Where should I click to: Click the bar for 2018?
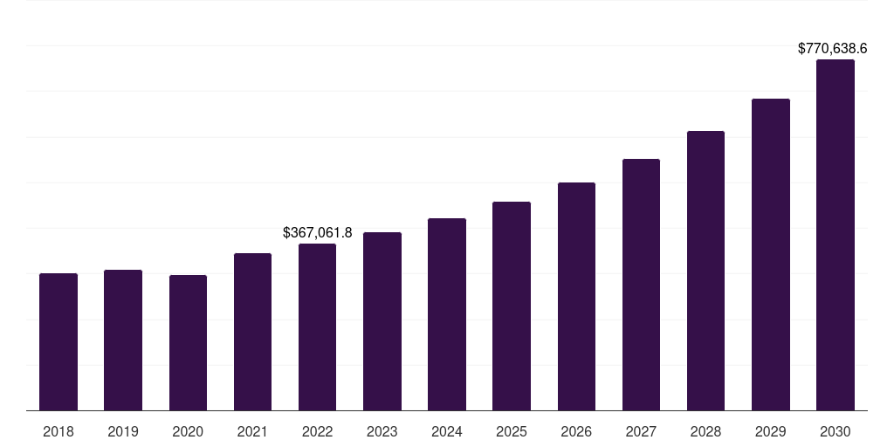pyautogui.click(x=58, y=341)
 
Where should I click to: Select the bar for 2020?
pyautogui.click(x=188, y=342)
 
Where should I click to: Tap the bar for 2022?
pyautogui.click(x=317, y=327)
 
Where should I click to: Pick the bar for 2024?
pyautogui.click(x=447, y=314)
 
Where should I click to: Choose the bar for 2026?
pyautogui.click(x=576, y=296)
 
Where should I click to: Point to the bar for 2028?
pyautogui.click(x=705, y=271)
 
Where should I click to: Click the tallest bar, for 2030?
pyautogui.click(x=835, y=235)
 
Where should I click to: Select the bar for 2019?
pyautogui.click(x=123, y=340)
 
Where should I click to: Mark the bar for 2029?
pyautogui.click(x=770, y=254)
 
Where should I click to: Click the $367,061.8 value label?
pyautogui.click(x=318, y=232)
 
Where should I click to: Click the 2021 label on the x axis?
pyautogui.click(x=252, y=431)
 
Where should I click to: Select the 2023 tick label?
pyautogui.click(x=382, y=431)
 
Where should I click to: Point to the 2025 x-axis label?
pyautogui.click(x=512, y=431)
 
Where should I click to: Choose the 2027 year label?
pyautogui.click(x=641, y=431)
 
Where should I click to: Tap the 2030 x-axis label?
pyautogui.click(x=835, y=431)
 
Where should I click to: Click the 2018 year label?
pyautogui.click(x=58, y=431)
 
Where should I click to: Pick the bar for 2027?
pyautogui.click(x=641, y=285)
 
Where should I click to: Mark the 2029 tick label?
pyautogui.click(x=770, y=431)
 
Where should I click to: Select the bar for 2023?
pyautogui.click(x=382, y=321)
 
